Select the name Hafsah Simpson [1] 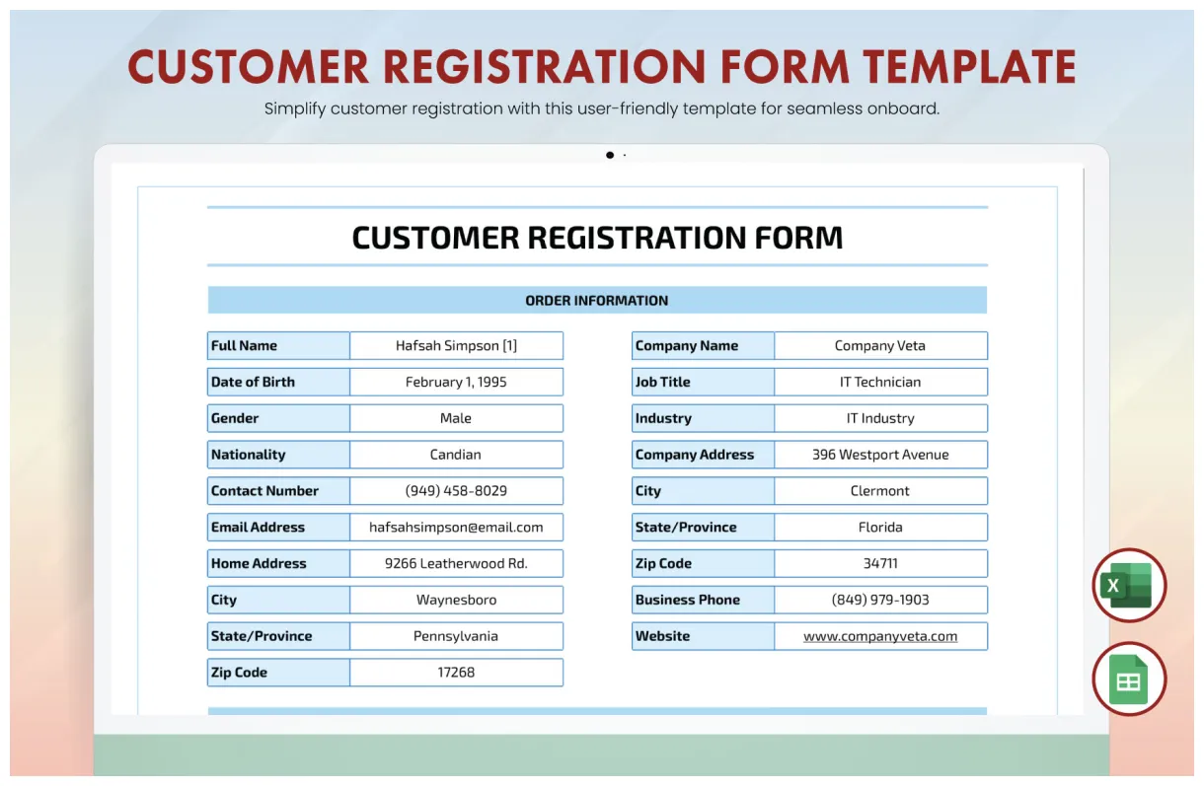coord(456,346)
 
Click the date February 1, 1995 coord(456,383)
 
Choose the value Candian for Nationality coord(456,455)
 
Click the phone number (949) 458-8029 coord(456,491)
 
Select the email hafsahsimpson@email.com coord(456,528)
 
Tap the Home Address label coord(259,564)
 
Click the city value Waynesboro coord(456,600)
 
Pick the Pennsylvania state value coord(456,636)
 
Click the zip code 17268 coord(456,673)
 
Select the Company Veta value coord(879,346)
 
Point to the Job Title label coord(662,383)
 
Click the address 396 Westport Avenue coord(879,455)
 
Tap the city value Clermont coord(879,491)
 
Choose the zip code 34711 coord(879,564)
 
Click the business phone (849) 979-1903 coord(879,600)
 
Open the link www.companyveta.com coord(879,636)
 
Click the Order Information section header coord(596,301)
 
